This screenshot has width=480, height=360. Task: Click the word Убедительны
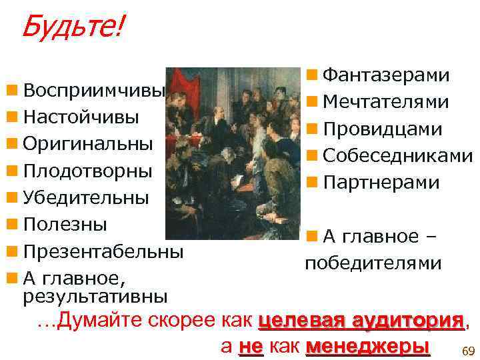pyautogui.click(x=86, y=198)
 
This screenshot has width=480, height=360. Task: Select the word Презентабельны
pyautogui.click(x=103, y=252)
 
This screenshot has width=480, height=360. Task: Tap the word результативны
pyautogui.click(x=95, y=294)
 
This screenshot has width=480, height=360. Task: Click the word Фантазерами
pyautogui.click(x=386, y=75)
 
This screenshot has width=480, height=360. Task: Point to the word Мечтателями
pyautogui.click(x=386, y=102)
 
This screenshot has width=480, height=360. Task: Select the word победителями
pyautogui.click(x=373, y=263)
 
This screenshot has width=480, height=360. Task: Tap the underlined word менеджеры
pyautogui.click(x=367, y=347)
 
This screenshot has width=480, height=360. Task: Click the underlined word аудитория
pyautogui.click(x=408, y=320)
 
